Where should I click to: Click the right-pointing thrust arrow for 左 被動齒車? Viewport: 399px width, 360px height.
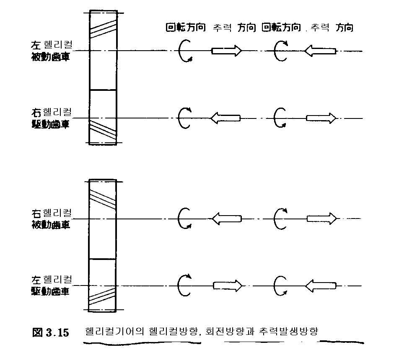coord(227,51)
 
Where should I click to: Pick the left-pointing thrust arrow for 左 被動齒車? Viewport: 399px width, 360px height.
coord(321,51)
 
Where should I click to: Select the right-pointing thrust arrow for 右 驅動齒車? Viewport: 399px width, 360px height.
coord(321,118)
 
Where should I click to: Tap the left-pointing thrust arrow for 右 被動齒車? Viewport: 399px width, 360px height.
coord(227,218)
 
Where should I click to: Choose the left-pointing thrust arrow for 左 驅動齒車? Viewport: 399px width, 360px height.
coord(321,286)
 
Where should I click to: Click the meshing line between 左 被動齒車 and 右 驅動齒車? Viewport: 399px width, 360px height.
coord(103,90)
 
